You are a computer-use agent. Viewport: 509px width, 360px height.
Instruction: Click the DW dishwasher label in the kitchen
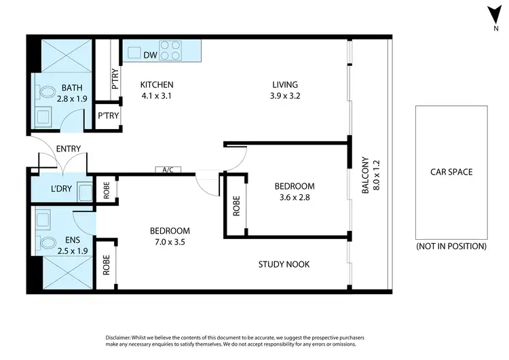(150, 54)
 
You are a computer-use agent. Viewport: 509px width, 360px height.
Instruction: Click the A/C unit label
(167, 170)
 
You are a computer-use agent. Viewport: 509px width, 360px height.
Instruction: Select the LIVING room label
(285, 84)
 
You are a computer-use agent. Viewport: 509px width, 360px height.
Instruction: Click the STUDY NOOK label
(284, 264)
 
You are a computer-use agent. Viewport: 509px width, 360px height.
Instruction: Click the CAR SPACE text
(451, 172)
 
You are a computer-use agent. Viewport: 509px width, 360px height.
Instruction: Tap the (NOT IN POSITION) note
(451, 246)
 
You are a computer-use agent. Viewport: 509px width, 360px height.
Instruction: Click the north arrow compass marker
(496, 16)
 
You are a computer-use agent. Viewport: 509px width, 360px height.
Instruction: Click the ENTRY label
(69, 149)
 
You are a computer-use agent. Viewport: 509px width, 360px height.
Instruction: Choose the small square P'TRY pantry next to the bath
(108, 116)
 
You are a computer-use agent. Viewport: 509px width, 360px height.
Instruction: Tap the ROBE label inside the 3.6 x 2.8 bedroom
(236, 206)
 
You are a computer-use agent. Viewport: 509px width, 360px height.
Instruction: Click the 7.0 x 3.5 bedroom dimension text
(170, 241)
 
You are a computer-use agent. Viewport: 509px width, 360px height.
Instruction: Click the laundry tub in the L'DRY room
(86, 192)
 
